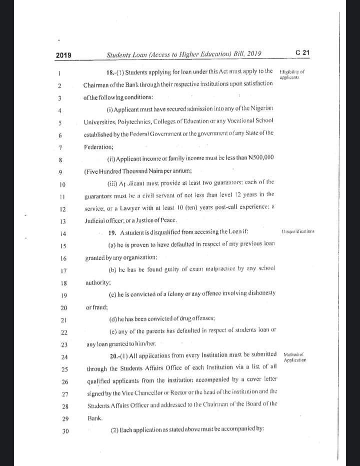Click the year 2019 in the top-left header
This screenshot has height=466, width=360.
(63, 55)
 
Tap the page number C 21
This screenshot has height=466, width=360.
(302, 53)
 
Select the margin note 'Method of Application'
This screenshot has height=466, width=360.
(294, 357)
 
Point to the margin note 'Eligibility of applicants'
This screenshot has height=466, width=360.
(292, 75)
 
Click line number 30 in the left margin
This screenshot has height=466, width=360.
(65, 431)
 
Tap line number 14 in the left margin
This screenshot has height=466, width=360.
(62, 233)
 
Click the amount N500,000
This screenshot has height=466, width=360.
(261, 158)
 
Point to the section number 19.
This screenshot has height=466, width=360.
(112, 232)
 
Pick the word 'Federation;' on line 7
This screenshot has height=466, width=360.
(98, 147)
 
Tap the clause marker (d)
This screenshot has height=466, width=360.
(112, 319)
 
